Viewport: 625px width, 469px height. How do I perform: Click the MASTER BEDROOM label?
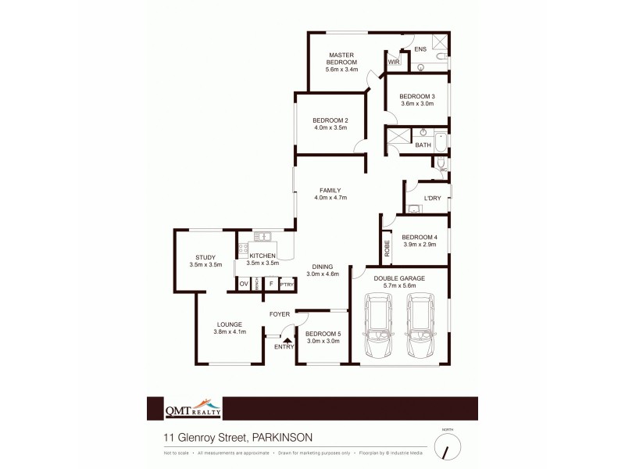(x=341, y=59)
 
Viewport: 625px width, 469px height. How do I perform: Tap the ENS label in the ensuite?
(x=420, y=49)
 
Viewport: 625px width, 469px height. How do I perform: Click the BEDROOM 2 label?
(x=330, y=120)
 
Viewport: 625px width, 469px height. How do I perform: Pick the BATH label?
(x=423, y=145)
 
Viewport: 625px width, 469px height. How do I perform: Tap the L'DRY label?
(x=432, y=198)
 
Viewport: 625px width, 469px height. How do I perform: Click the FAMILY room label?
(x=330, y=190)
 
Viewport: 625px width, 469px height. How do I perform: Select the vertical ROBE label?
(x=387, y=249)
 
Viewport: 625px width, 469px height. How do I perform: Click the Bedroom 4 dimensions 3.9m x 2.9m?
(x=420, y=245)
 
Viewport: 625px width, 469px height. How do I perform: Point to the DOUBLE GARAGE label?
(x=399, y=277)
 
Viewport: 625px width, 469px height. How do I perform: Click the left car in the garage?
(x=378, y=329)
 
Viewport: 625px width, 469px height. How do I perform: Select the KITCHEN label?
(x=262, y=256)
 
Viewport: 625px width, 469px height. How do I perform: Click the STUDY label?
(x=205, y=257)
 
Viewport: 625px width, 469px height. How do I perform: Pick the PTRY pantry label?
(x=287, y=284)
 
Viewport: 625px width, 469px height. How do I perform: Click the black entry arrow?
(x=287, y=340)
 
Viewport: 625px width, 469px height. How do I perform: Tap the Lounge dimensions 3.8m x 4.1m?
(x=230, y=331)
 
